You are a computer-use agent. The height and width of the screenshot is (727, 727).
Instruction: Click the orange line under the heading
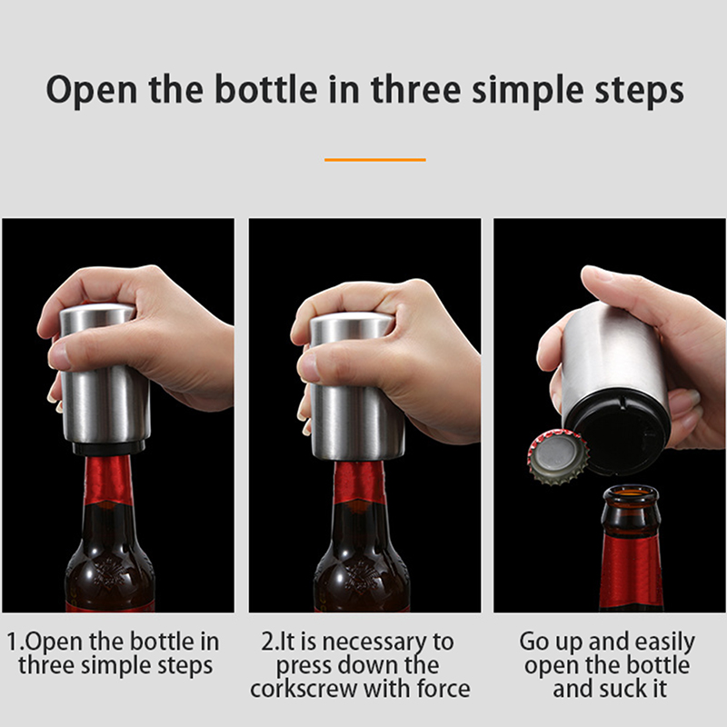375,160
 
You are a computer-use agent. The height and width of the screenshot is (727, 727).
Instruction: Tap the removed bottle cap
558,458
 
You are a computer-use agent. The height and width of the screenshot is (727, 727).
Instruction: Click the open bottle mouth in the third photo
631,493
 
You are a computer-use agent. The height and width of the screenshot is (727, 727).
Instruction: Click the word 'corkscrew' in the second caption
304,689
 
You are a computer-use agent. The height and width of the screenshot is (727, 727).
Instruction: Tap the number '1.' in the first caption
15,642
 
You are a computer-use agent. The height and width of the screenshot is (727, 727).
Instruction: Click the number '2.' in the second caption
271,642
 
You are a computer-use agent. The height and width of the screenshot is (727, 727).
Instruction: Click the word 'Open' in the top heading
93,90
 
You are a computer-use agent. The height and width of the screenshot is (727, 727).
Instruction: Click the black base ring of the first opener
109,447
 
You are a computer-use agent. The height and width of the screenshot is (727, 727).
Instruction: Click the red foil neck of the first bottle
108,481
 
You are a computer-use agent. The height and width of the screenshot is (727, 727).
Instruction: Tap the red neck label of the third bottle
631,569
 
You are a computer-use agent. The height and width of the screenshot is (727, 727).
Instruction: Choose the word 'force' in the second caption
443,689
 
